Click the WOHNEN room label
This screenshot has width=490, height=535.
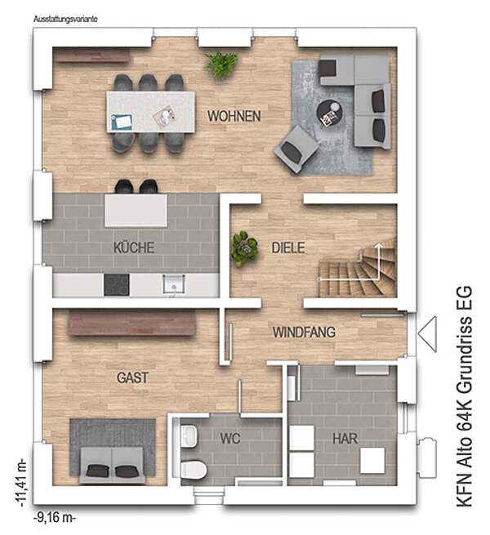coord(234,116)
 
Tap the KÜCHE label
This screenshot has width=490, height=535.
coord(134,247)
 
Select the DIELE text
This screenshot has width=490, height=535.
coord(288,247)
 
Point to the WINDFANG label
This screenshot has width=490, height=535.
coord(304,332)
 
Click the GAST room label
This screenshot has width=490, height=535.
coord(133,377)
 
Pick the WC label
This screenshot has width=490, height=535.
coord(230,439)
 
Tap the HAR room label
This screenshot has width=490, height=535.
coord(345,439)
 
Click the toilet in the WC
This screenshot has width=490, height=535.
coord(194,470)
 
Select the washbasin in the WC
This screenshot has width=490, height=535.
coord(189,435)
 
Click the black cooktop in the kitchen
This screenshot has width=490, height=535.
coord(117,285)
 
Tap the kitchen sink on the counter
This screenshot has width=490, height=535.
coord(174,285)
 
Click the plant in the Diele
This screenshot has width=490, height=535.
coord(244,248)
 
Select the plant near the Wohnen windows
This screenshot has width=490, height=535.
coord(221,65)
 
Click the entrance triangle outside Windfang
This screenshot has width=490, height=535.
coord(428,334)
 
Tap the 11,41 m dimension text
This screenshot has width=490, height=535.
coord(20,482)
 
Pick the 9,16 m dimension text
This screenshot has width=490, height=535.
coord(55,517)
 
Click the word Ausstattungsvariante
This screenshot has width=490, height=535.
coord(65,19)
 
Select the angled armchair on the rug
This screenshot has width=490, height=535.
coord(297,149)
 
